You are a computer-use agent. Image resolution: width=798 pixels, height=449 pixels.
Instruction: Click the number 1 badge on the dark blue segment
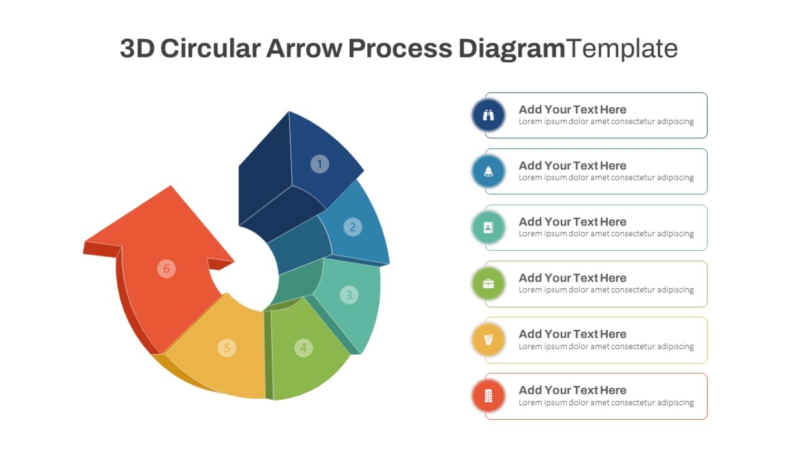coord(320,164)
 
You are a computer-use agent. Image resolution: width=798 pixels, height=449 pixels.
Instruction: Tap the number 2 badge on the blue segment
coord(352,227)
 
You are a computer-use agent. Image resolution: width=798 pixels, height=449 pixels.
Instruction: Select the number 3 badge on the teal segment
coord(348,295)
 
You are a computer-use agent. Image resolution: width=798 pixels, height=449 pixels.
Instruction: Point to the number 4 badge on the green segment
coord(303,348)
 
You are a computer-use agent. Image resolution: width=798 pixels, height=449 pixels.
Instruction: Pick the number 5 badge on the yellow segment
coord(227,348)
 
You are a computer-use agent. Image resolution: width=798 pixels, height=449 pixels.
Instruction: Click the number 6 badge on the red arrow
coord(166,268)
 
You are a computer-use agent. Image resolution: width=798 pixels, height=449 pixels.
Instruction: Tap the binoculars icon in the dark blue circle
coord(488,115)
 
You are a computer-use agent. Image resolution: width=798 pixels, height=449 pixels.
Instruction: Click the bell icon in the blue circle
coord(488,172)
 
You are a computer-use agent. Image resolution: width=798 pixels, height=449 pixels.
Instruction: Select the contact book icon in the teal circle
coord(488,227)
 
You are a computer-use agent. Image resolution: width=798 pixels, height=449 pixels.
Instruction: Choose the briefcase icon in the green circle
coord(488,283)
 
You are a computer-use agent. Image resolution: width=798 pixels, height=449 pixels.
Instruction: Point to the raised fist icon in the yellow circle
coord(488,340)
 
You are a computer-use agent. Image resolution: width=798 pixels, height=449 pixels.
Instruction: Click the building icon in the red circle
coord(488,396)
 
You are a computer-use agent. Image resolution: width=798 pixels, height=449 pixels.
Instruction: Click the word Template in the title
coord(622,49)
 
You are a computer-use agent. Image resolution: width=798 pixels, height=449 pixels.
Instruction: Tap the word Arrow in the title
coord(305,49)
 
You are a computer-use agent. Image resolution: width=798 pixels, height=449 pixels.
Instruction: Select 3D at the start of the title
coord(137,49)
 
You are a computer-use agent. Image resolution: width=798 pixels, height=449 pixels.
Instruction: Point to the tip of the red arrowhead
coord(171,186)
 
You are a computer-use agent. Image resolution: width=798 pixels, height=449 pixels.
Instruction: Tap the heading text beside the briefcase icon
coord(572,278)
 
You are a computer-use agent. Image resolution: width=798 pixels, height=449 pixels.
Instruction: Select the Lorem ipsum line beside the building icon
coord(606,402)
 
